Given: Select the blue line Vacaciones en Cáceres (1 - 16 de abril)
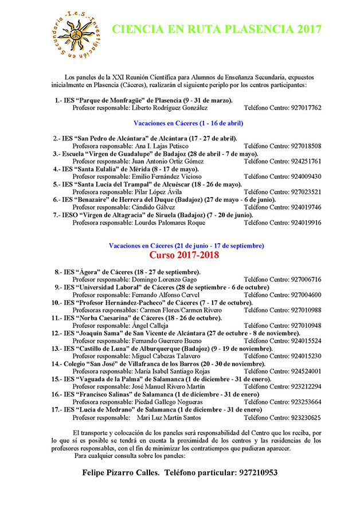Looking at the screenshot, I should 188,123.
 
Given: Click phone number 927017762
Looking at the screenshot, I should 306,108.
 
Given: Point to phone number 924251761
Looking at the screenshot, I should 306,162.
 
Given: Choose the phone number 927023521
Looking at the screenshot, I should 306,192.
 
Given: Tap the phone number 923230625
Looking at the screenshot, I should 306,418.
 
